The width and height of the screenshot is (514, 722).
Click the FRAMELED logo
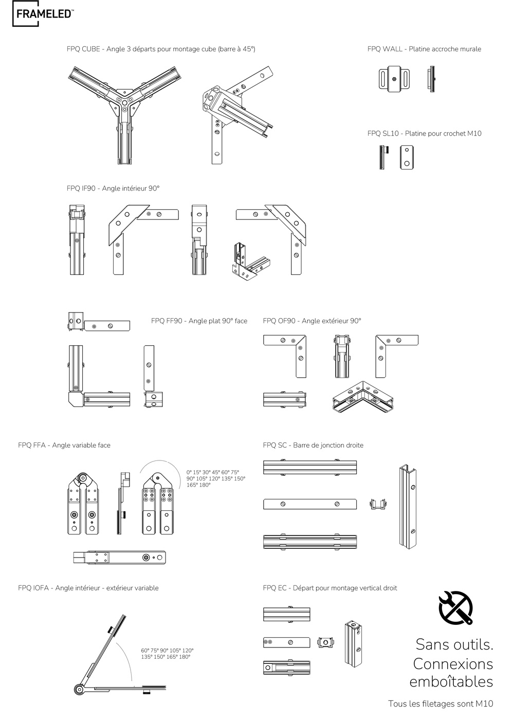tap(43, 14)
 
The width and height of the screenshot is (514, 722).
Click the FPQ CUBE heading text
tap(161, 49)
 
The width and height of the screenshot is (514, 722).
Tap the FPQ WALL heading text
tap(424, 49)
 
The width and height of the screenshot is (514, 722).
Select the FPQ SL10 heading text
tap(424, 134)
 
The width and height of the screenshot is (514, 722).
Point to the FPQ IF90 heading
tap(113, 189)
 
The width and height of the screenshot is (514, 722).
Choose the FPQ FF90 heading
tap(199, 321)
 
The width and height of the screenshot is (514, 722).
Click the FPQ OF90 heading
tap(312, 321)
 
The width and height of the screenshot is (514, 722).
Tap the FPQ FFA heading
tap(64, 446)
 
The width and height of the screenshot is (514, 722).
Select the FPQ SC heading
tap(313, 446)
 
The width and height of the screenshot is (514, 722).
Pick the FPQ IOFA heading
tap(88, 588)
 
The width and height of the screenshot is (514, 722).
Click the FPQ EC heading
tap(330, 588)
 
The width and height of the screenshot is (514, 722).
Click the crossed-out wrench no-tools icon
tap(455, 607)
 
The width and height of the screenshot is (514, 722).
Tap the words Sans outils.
tap(454, 644)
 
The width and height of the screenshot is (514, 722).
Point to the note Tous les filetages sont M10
tap(440, 704)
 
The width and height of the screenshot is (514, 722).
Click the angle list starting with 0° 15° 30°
tap(216, 478)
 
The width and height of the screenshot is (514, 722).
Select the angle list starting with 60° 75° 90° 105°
tap(167, 654)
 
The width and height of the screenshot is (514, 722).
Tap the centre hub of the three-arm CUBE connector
tap(125, 101)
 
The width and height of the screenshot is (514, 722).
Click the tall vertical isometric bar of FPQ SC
tap(408, 506)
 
